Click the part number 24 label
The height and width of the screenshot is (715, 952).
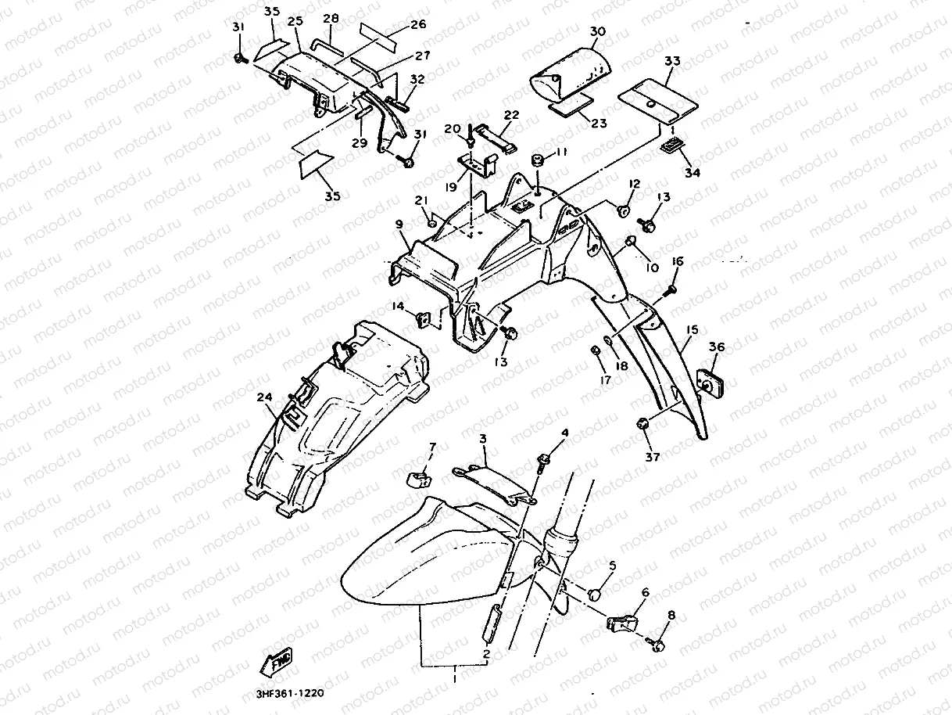(266, 398)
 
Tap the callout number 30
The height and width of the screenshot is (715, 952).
(597, 32)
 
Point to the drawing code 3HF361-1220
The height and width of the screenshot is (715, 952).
(290, 693)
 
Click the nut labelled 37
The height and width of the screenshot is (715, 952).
(644, 423)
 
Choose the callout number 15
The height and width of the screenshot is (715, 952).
(691, 330)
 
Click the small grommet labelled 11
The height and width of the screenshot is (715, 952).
(538, 162)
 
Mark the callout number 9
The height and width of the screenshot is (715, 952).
(399, 225)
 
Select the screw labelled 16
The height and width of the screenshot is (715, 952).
(671, 290)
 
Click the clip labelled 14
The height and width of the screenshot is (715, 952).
(424, 318)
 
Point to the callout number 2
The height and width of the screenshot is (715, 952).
(486, 653)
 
